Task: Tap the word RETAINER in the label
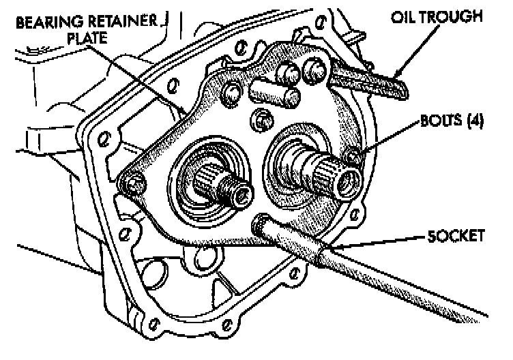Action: (x=121, y=21)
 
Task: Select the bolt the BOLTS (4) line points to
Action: (x=354, y=158)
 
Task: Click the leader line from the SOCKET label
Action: (x=382, y=240)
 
